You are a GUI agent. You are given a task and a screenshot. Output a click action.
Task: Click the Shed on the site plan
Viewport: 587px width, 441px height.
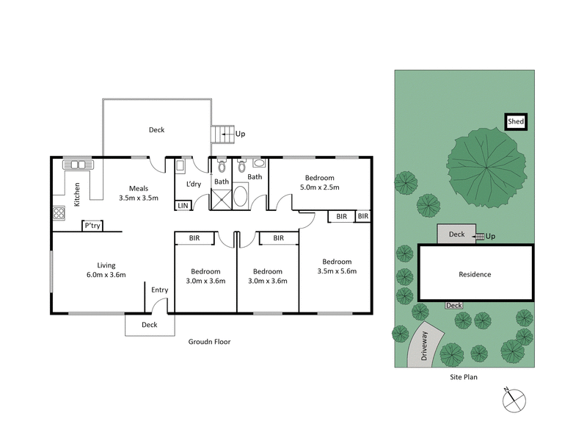pos(516,122)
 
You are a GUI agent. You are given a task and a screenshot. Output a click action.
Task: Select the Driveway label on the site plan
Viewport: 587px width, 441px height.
pos(424,345)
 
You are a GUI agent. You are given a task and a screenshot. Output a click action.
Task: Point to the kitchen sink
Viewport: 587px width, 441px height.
pos(76,165)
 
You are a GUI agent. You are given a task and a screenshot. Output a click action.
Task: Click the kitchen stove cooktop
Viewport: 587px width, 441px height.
pos(58,215)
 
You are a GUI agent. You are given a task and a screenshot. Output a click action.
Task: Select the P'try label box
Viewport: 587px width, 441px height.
pos(92,226)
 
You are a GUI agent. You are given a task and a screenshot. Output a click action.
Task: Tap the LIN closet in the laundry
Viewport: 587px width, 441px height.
pos(183,206)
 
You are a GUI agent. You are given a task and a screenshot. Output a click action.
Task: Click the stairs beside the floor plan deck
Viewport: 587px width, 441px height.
pos(222,135)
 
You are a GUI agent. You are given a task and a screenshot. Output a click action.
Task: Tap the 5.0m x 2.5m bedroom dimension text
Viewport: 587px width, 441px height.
pos(319,187)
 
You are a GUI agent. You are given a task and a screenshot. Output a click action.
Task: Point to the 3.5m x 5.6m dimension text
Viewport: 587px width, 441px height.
pos(337,271)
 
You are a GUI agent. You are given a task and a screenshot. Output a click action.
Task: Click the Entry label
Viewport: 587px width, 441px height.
pos(160,290)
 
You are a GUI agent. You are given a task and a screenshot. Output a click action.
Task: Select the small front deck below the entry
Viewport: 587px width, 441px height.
pos(150,324)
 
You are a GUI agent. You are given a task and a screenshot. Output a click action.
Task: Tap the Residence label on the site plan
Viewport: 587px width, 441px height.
pos(475,274)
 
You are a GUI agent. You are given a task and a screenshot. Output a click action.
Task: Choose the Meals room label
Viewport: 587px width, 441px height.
pos(139,187)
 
